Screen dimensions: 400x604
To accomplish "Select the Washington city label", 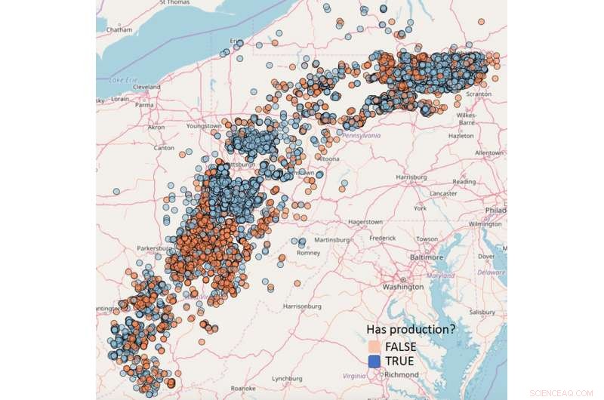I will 402,287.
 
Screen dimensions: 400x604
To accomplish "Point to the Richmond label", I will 401,374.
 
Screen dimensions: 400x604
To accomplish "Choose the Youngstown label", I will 204,126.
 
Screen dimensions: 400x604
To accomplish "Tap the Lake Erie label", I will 122,79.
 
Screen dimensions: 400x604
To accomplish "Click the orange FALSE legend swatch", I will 373,346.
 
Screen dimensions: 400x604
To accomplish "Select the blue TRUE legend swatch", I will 373,362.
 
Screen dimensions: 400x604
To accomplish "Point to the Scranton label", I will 479,94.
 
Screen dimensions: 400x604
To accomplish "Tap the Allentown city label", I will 488,152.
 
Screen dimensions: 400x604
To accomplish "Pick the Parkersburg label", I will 154,247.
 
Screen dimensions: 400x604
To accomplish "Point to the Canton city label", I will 163,147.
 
